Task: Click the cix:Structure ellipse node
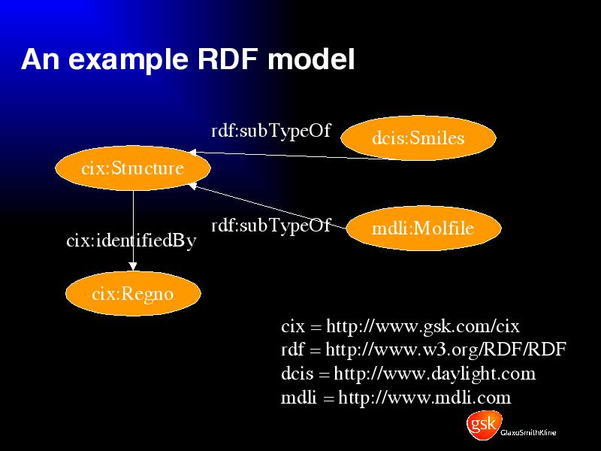[133, 168]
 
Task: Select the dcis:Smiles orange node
[418, 138]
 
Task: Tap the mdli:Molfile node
[424, 229]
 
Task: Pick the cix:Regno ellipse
[133, 294]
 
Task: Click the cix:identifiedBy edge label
[131, 241]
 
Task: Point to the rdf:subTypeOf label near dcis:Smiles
[270, 131]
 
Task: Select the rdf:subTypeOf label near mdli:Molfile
[270, 225]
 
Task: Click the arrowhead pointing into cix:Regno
[133, 266]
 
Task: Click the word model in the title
[311, 59]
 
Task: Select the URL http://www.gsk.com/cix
[423, 327]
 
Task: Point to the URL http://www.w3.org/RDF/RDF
[445, 350]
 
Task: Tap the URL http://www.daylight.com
[435, 374]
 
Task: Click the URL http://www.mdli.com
[424, 398]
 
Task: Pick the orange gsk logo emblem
[484, 425]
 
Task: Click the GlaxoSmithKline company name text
[528, 433]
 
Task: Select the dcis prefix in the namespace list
[297, 374]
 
